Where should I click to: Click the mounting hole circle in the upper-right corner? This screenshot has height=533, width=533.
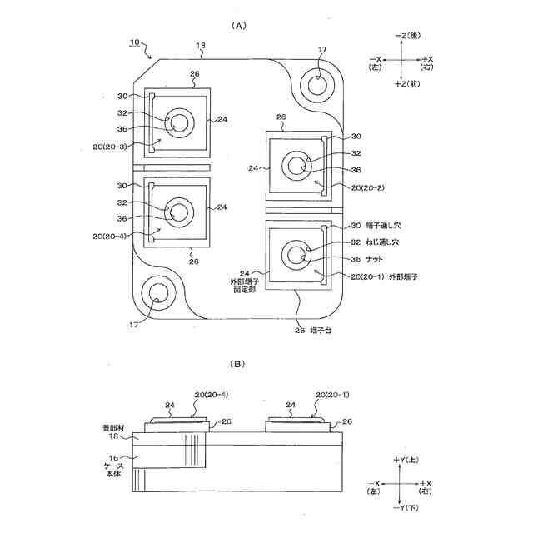319,83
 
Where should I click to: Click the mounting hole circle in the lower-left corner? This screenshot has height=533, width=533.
156,292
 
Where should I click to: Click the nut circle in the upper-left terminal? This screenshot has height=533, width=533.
180,123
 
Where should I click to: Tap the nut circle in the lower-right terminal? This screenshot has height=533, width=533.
295,254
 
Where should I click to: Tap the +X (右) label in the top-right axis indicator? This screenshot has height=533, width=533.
426,64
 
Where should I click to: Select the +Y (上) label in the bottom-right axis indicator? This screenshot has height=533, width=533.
406,460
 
